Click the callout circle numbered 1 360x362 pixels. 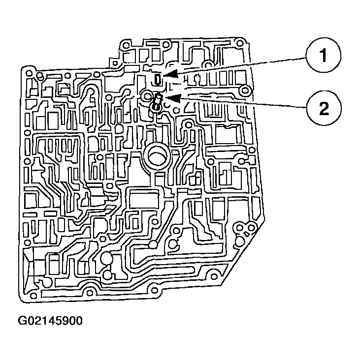click(x=323, y=56)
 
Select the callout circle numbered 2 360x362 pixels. click(x=323, y=108)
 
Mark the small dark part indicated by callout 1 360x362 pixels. click(x=157, y=79)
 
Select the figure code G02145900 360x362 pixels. click(x=50, y=321)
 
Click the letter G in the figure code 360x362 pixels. click(x=22, y=321)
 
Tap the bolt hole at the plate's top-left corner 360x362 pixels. click(x=30, y=74)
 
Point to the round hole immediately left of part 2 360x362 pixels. click(x=146, y=95)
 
